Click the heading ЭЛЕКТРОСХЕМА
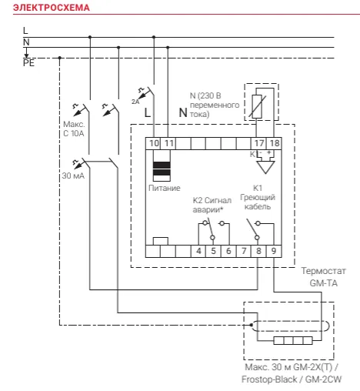(52, 8)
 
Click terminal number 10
(154, 143)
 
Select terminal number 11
(169, 143)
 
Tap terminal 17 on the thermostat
(259, 143)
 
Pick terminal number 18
(275, 143)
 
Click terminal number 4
(198, 251)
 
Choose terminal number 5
(213, 251)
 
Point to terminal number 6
(228, 251)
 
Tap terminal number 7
(244, 251)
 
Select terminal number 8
(258, 251)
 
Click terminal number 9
(274, 251)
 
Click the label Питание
(165, 188)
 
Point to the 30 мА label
(73, 175)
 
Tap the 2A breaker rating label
(135, 102)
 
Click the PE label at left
(28, 63)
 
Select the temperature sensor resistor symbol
(257, 106)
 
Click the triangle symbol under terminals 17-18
(265, 167)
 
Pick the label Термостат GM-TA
(323, 277)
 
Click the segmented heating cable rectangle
(293, 340)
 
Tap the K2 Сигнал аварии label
(212, 205)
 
